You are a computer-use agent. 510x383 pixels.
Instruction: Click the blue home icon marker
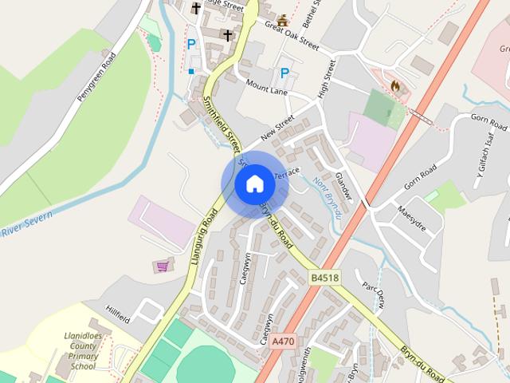coord(254,184)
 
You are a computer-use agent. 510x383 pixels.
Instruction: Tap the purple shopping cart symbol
coord(163,266)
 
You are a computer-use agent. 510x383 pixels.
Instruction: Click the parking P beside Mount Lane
coord(284,73)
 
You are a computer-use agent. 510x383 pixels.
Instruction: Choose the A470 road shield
coord(283,341)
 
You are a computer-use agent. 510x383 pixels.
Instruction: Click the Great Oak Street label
coord(290,34)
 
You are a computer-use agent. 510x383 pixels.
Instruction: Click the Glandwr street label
coord(343,184)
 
